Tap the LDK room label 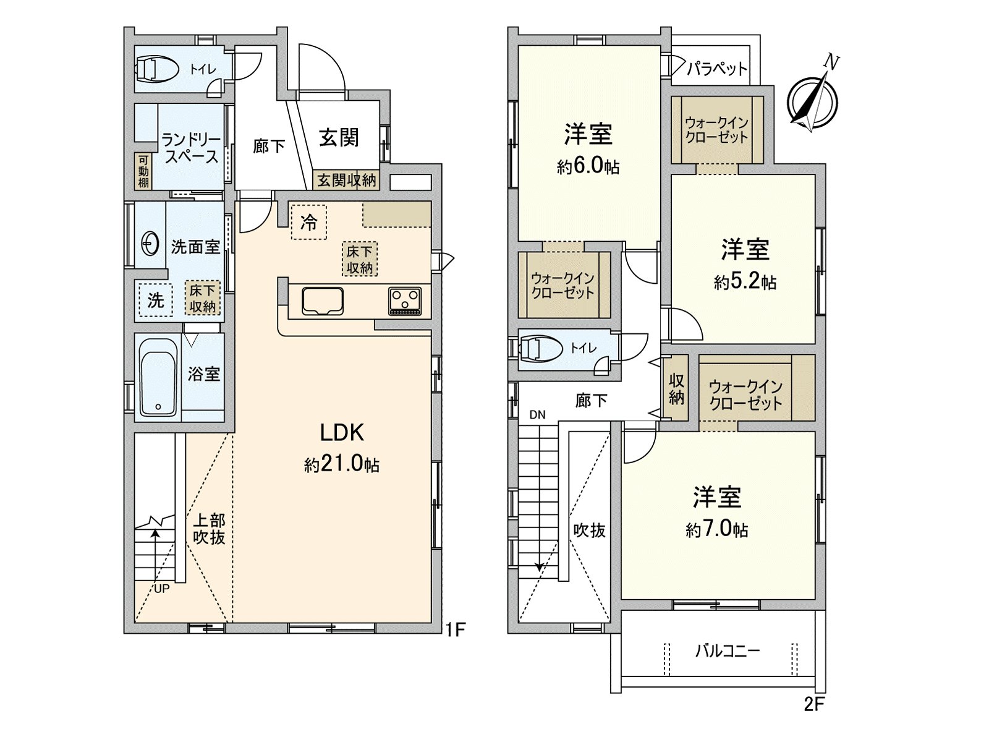[342, 433]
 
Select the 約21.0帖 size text [342, 464]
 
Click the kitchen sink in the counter [322, 301]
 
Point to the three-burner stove [405, 301]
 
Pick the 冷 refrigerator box [308, 221]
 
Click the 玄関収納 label [346, 180]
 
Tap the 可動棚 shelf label [143, 171]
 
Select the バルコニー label [727, 650]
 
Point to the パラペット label [717, 68]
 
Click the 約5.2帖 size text [745, 282]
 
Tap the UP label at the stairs [161, 589]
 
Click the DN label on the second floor [537, 415]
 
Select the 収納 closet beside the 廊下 [676, 388]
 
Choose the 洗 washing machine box [155, 300]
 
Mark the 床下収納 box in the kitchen [359, 259]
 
